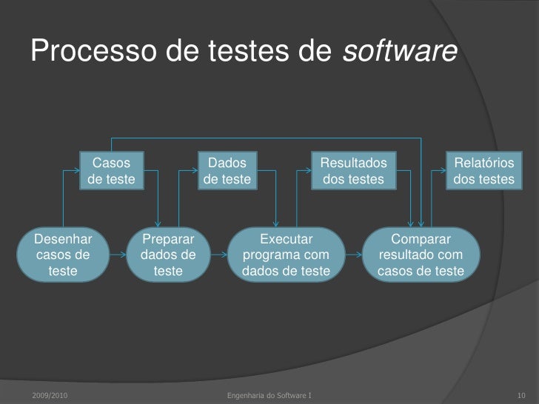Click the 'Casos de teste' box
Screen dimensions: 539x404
[112, 170]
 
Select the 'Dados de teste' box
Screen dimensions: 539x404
[227, 170]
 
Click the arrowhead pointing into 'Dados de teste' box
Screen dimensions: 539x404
[194, 170]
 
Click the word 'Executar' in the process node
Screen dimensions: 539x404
[286, 240]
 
